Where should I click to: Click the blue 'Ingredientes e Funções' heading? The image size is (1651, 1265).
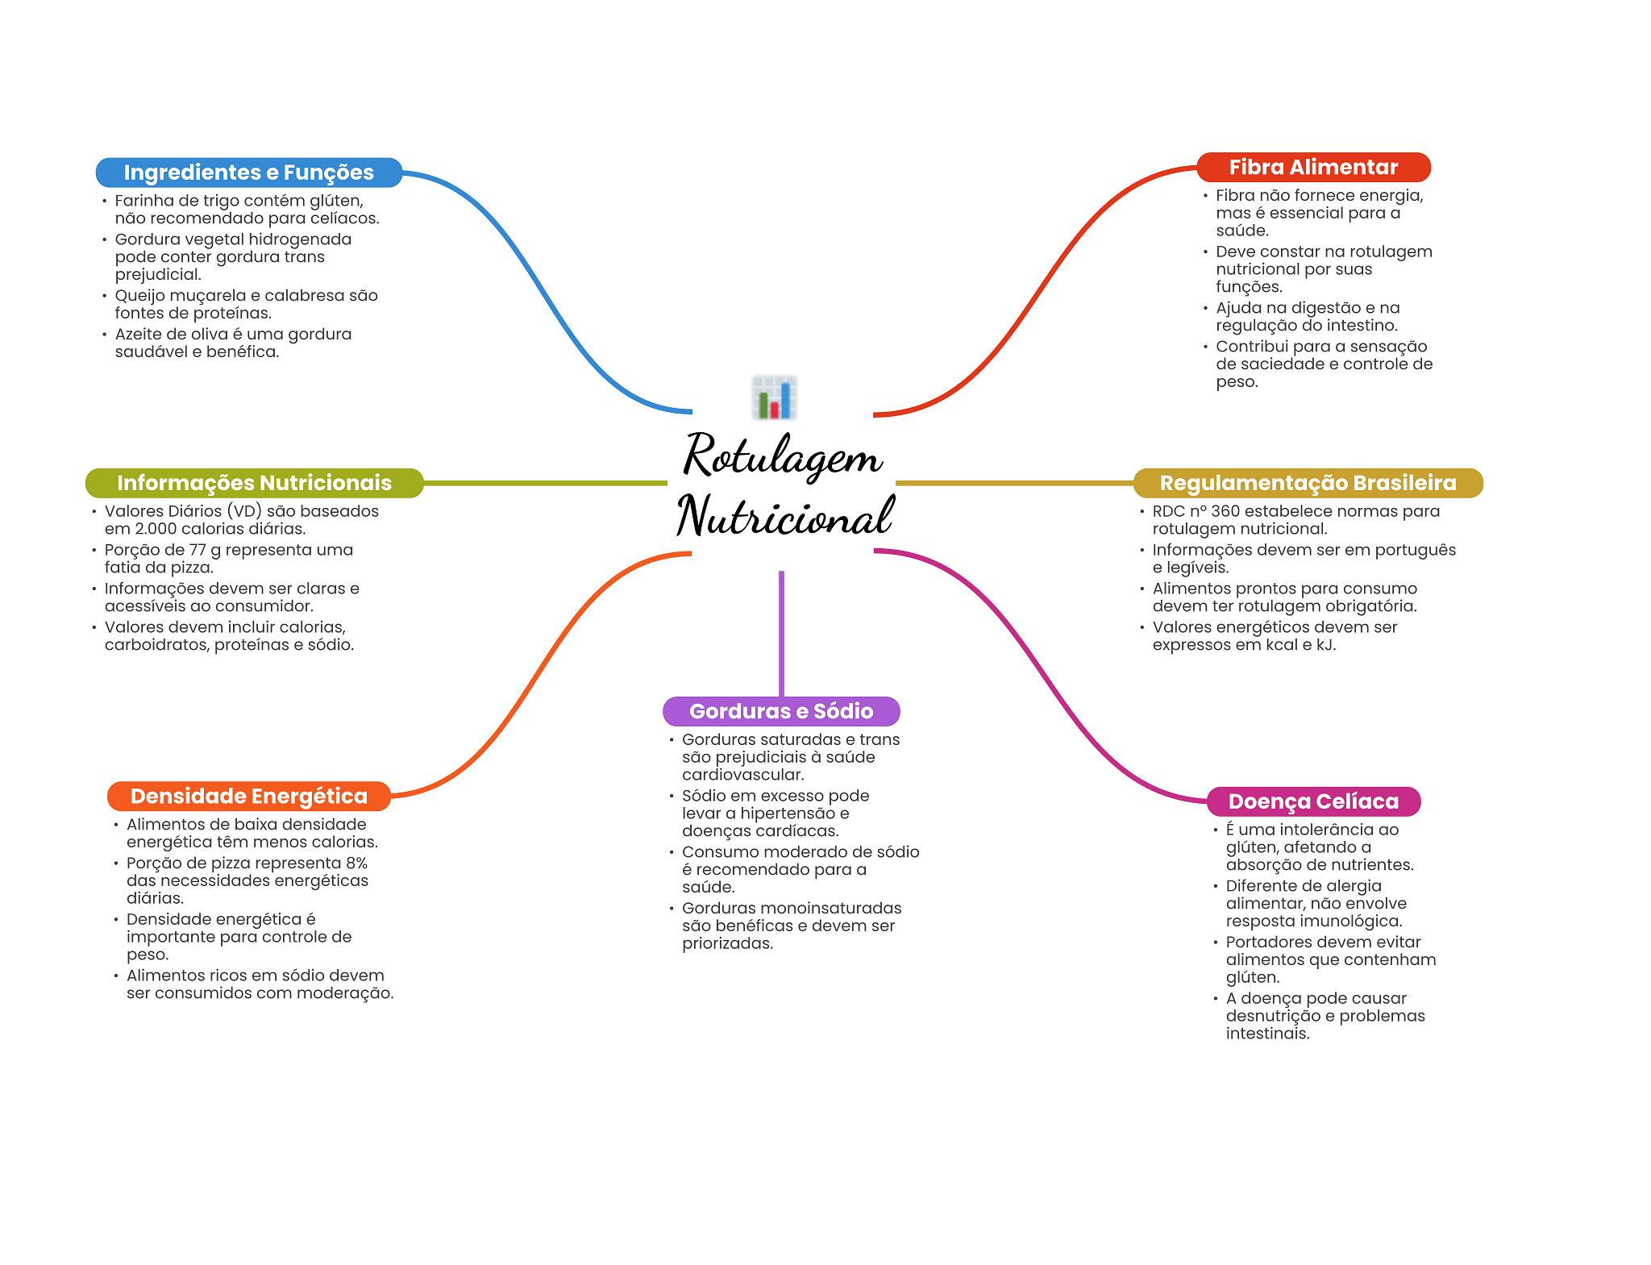pyautogui.click(x=248, y=173)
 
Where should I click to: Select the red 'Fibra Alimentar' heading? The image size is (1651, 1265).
pyautogui.click(x=1313, y=167)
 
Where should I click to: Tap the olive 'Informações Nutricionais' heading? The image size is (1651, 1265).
pyautogui.click(x=254, y=483)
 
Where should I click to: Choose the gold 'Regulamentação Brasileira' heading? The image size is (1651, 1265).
pyautogui.click(x=1308, y=483)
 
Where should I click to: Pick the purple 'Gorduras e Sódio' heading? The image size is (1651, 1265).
pyautogui.click(x=781, y=711)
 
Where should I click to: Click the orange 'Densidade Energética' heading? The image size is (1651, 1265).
pyautogui.click(x=248, y=797)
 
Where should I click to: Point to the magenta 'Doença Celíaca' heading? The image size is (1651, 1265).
pyautogui.click(x=1313, y=801)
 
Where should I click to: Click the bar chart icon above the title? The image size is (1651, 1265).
pyautogui.click(x=775, y=397)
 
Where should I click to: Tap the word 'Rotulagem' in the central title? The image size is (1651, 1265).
pyautogui.click(x=782, y=456)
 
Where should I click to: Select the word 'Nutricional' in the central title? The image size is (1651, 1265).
pyautogui.click(x=784, y=516)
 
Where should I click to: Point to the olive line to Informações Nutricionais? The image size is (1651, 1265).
pyautogui.click(x=545, y=483)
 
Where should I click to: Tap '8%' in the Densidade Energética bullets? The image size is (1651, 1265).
pyautogui.click(x=356, y=863)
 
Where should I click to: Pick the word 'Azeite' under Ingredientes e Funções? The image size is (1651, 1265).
pyautogui.click(x=138, y=335)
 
